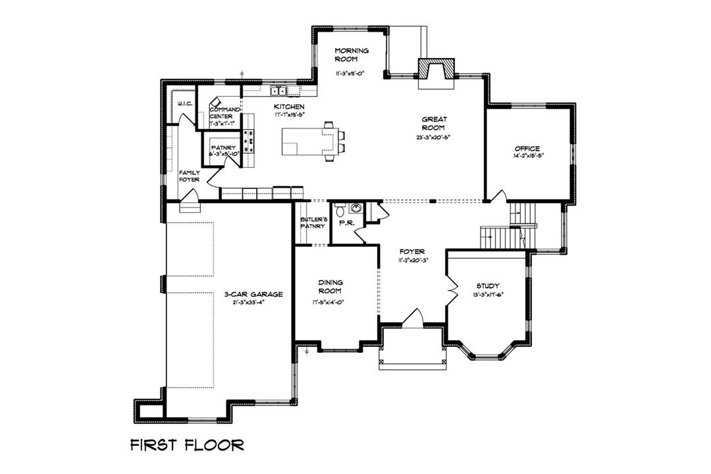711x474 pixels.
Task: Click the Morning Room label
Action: (352, 55)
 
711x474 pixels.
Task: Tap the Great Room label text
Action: (435, 124)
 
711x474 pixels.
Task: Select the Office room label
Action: (527, 149)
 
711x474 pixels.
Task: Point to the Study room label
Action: (488, 286)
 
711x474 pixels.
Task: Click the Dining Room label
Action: (330, 286)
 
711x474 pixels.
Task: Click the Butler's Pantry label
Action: (313, 223)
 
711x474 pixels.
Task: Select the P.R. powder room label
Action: (347, 224)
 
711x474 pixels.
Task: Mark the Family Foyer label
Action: (190, 176)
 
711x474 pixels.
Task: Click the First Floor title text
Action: (186, 444)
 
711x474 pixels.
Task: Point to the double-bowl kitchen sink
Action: (279, 91)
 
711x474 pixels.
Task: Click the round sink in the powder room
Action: (356, 209)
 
